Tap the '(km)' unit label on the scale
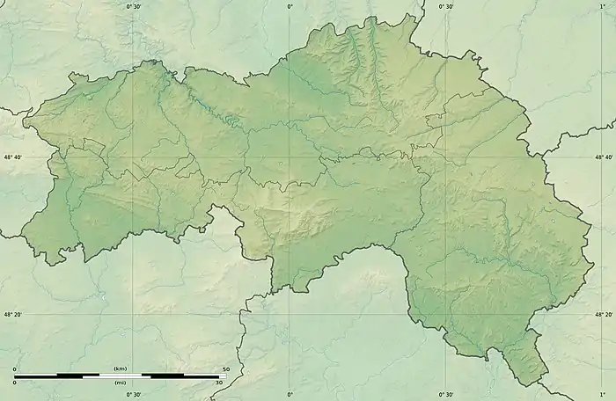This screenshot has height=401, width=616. (121, 368)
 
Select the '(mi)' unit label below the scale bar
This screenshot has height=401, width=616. (121, 383)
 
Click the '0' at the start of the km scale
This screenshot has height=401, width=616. (15, 368)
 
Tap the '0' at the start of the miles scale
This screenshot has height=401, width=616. (15, 383)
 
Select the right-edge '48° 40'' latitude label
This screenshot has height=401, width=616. (604, 157)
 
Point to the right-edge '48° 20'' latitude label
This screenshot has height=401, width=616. (604, 314)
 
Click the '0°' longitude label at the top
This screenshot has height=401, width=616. (290, 7)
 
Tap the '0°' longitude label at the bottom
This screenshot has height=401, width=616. (290, 394)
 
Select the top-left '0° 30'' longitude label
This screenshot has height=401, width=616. (134, 7)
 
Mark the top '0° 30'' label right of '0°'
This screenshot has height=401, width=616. (446, 7)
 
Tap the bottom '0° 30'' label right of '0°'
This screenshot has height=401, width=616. (446, 394)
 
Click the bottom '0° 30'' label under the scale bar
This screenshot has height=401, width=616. (134, 394)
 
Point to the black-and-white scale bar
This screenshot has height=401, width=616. (121, 375)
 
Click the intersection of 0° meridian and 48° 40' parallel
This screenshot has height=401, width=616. (290, 157)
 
